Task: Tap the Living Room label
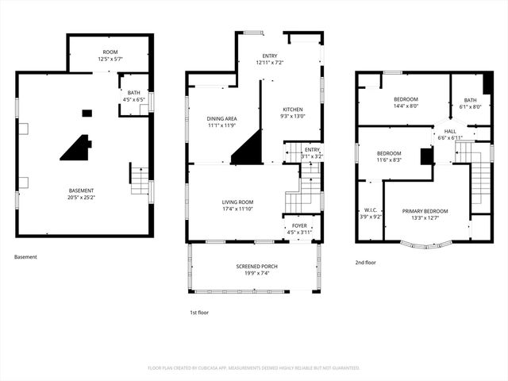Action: (237, 202)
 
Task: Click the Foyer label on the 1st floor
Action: (299, 225)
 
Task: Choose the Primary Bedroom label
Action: (425, 211)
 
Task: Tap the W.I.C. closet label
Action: (371, 211)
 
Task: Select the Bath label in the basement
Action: (133, 93)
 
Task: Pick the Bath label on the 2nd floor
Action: (471, 100)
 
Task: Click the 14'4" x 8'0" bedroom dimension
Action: (406, 106)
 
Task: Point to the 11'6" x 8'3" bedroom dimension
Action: (389, 160)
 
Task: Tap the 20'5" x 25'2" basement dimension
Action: (81, 197)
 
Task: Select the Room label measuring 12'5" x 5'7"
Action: (110, 52)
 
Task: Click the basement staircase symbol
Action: (140, 182)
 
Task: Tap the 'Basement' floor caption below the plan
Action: (25, 257)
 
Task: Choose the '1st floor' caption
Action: (199, 313)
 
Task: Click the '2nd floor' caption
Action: (366, 261)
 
